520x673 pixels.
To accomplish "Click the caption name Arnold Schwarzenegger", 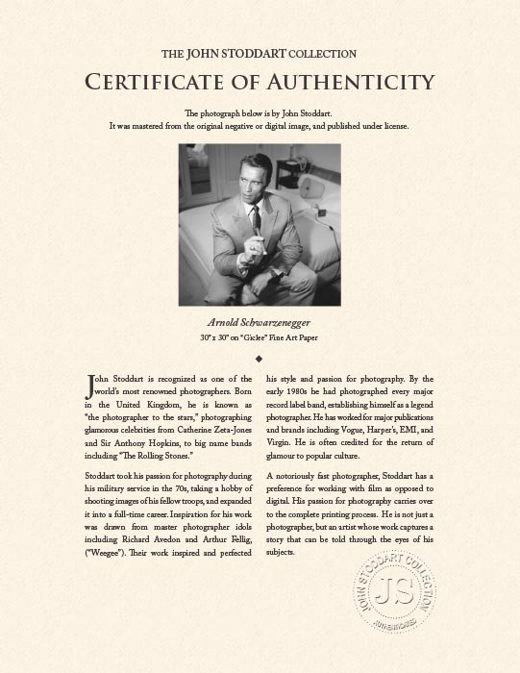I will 260,322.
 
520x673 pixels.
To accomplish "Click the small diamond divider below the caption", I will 260,358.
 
